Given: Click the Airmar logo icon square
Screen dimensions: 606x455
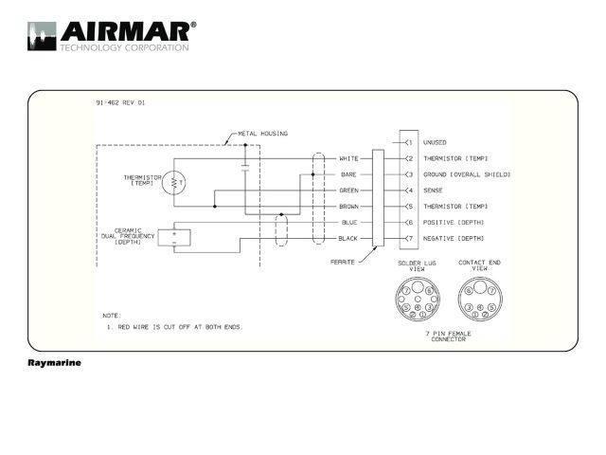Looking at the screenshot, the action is click(42, 36).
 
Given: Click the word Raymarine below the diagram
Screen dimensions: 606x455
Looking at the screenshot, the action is click(55, 363).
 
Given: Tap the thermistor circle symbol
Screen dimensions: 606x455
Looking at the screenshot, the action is click(173, 182).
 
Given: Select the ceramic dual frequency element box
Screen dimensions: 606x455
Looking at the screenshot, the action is click(174, 238).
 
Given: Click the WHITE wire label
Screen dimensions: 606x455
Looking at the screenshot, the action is click(348, 158).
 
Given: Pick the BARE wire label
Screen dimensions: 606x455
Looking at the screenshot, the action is click(348, 174).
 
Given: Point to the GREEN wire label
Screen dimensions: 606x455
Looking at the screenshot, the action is click(348, 191).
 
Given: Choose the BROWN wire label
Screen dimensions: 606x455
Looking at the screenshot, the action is click(348, 207).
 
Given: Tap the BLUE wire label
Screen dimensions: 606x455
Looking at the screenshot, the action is click(349, 223).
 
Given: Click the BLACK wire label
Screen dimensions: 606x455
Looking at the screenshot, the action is click(348, 239).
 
